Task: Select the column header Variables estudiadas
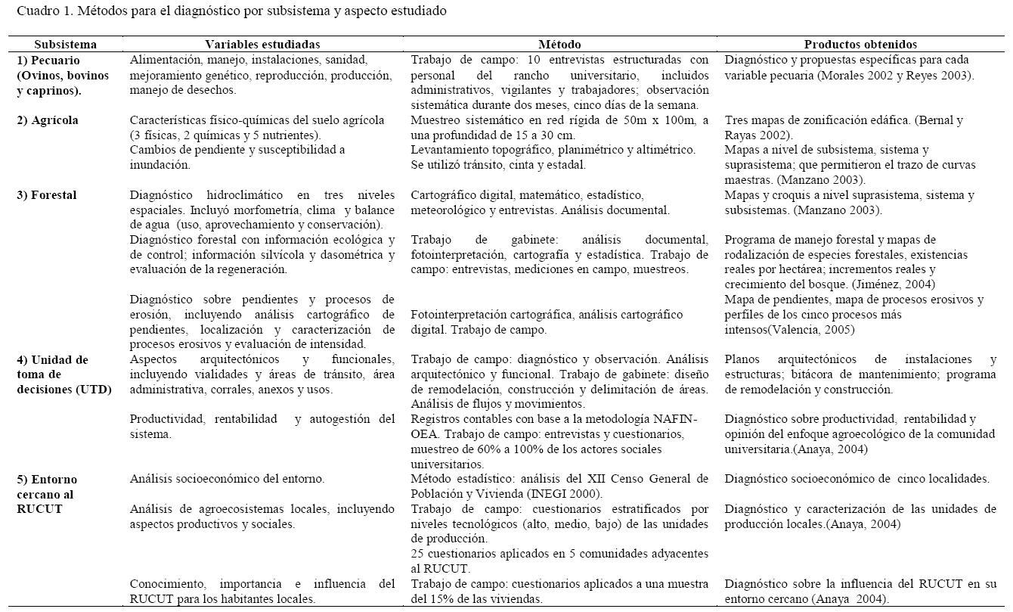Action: tap(262, 45)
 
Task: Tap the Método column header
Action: tap(559, 45)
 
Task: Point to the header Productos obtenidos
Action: tap(860, 45)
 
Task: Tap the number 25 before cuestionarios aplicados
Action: tap(418, 554)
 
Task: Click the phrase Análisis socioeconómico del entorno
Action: tap(227, 479)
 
